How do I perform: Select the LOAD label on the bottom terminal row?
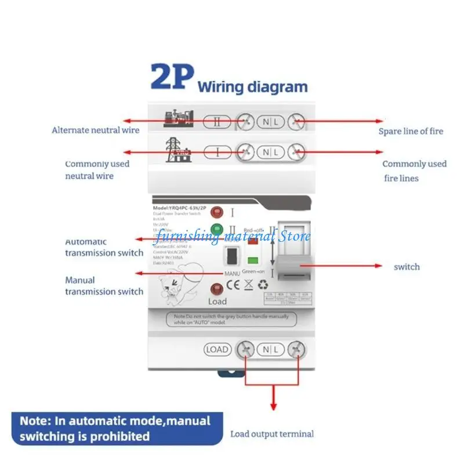(x=217, y=350)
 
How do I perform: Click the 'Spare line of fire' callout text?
(x=411, y=131)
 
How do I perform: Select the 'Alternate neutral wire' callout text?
(x=96, y=130)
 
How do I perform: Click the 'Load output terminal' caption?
(x=272, y=434)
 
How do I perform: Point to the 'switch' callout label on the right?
(x=407, y=267)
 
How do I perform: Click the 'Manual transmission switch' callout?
(x=104, y=286)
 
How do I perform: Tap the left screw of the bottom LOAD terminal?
(x=246, y=350)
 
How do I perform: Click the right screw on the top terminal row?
(x=296, y=121)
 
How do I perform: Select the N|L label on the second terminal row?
(x=271, y=152)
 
